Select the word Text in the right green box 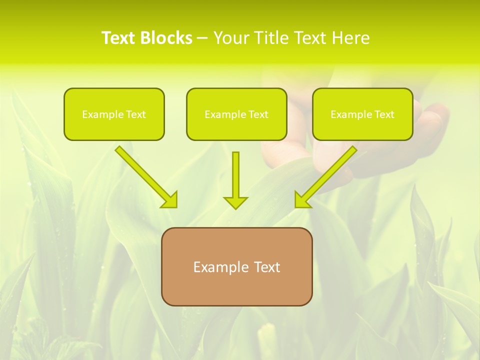384,114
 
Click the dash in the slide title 202,38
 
